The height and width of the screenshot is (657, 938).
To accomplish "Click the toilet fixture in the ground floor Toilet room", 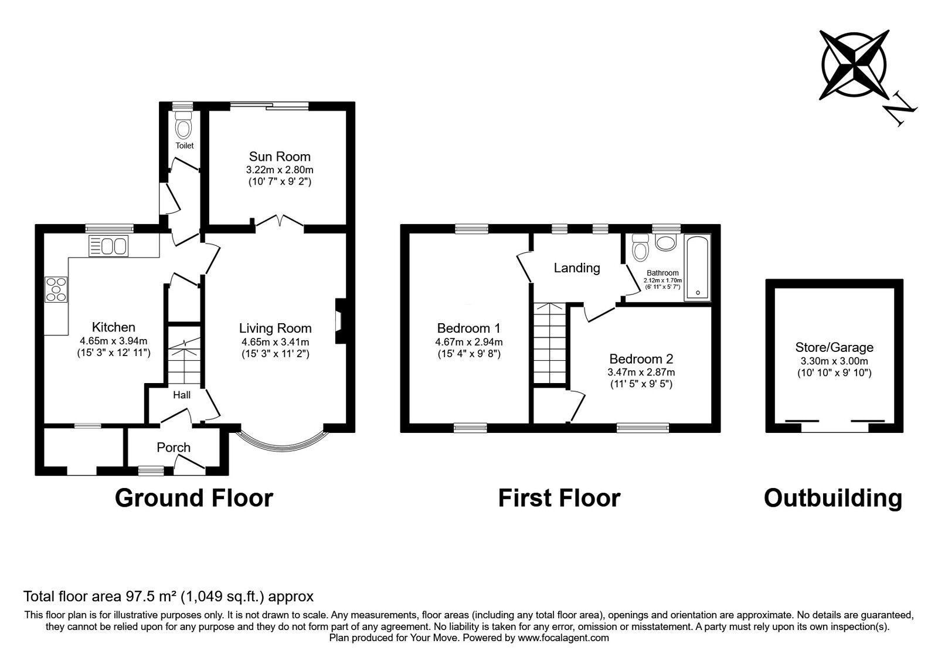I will pyautogui.click(x=184, y=128).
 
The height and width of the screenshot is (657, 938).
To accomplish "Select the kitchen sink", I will pyautogui.click(x=108, y=246).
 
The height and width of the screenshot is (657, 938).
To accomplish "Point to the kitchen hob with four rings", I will pyautogui.click(x=56, y=289).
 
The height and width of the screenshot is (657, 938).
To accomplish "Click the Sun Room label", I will pyautogui.click(x=280, y=157).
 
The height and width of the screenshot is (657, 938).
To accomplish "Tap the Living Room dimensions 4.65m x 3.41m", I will pyautogui.click(x=275, y=342).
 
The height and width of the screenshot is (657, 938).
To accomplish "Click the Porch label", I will pyautogui.click(x=174, y=448).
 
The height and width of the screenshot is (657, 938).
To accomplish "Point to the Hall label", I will pyautogui.click(x=182, y=395).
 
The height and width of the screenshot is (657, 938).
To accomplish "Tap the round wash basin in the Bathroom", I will pyautogui.click(x=666, y=242).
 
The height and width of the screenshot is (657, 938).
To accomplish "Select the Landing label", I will pyautogui.click(x=577, y=268).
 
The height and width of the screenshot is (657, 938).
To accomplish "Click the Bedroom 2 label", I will pyautogui.click(x=641, y=359).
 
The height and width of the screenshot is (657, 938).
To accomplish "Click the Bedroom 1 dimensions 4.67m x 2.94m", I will pyautogui.click(x=468, y=342).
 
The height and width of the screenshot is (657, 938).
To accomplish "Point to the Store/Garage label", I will pyautogui.click(x=834, y=347).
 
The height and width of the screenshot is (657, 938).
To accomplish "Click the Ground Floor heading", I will pyautogui.click(x=194, y=498).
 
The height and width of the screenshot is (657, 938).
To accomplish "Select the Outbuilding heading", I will pyautogui.click(x=833, y=498).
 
